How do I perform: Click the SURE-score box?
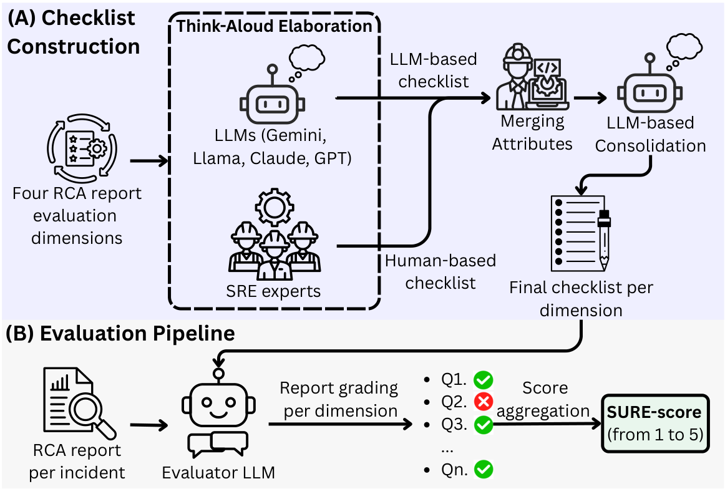pos(654,423)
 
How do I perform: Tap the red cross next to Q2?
pos(483,401)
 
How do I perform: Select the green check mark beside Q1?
pos(483,379)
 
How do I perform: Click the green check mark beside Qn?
pos(483,469)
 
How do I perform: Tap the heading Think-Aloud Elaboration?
pos(274,26)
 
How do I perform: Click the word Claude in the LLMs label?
pos(280,158)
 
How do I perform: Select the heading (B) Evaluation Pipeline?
pos(120,333)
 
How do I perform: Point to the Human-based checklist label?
pos(440,272)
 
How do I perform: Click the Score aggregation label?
pos(544,399)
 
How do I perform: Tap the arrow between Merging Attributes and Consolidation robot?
pos(590,98)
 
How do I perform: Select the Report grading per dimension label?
pos(339,399)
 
